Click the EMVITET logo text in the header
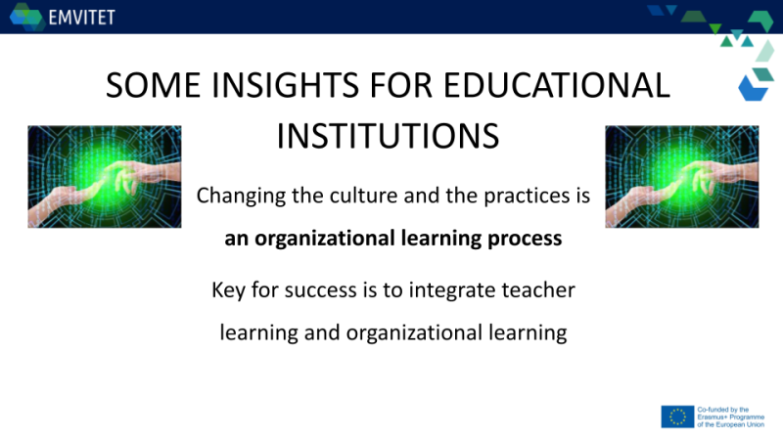82,18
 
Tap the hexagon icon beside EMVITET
27,17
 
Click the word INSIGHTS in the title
285,85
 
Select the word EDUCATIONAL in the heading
556,85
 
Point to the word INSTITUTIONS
388,136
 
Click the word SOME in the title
153,85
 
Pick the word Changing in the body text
241,197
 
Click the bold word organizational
325,239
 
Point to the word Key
228,290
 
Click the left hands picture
105,177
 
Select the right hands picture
681,177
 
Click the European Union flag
677,417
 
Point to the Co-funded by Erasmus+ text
730,418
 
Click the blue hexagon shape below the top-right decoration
753,89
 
